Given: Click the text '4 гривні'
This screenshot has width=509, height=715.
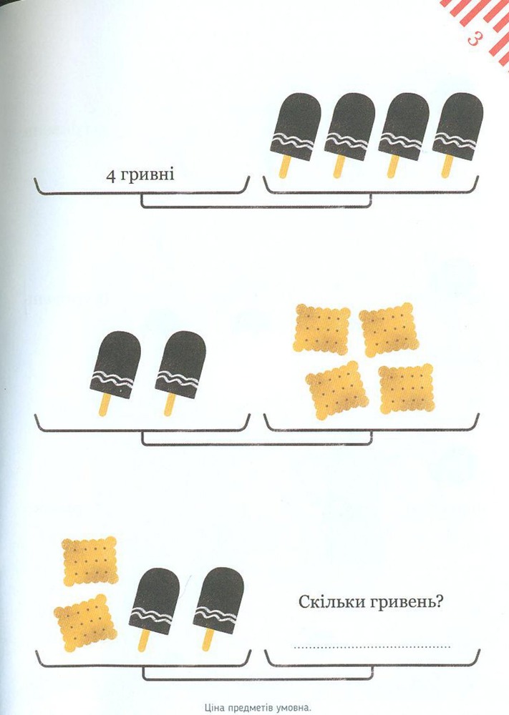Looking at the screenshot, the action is [x=140, y=175].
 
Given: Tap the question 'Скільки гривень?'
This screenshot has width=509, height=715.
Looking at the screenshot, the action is [x=371, y=602].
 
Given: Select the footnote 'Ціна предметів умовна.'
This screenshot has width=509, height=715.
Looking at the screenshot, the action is [x=258, y=708].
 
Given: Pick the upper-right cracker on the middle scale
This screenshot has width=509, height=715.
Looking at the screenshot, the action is [x=389, y=329].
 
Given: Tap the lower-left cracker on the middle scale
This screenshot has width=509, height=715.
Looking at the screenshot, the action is [x=337, y=390].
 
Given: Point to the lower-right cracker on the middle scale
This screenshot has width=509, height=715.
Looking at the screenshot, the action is [x=407, y=388].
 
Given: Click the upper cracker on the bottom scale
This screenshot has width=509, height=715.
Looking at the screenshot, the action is [x=90, y=561].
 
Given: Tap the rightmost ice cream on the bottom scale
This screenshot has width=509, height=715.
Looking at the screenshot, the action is [x=218, y=608].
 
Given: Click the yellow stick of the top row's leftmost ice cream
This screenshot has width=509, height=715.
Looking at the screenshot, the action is [x=284, y=167].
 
